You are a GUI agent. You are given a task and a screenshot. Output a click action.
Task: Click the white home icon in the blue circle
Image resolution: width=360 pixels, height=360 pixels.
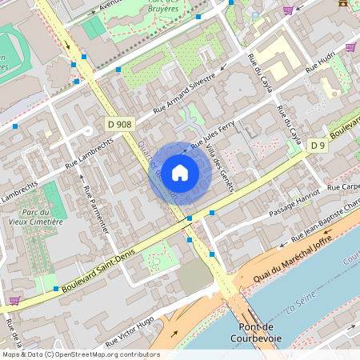(180, 172)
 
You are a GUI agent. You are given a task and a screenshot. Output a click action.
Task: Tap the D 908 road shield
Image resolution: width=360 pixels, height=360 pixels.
(119, 124)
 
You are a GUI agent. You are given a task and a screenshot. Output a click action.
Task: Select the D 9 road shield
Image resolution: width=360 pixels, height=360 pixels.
(318, 145)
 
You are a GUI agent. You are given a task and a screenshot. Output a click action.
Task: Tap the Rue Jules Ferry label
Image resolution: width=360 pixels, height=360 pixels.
(212, 135)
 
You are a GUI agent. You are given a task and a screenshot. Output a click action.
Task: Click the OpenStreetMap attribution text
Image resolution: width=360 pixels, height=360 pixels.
(81, 354)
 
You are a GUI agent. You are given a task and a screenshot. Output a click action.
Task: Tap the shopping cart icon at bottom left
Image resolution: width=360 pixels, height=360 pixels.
(14, 300)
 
